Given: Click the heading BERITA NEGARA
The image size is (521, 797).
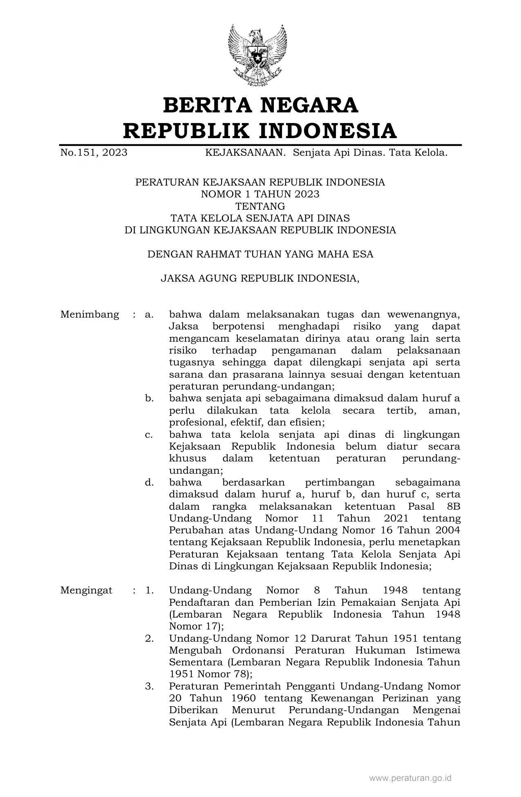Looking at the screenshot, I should [x=260, y=105].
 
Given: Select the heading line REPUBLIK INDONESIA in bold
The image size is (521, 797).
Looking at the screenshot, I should [x=260, y=131].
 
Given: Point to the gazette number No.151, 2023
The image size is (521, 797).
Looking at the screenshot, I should [x=94, y=153].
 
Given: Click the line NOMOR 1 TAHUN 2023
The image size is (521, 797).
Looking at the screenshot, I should [x=260, y=194].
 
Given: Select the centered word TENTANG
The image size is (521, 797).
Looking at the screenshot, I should [x=260, y=206].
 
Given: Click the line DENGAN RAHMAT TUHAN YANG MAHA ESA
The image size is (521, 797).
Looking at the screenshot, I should [x=260, y=254].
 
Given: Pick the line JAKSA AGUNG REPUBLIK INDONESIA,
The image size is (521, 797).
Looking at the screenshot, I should [x=260, y=278].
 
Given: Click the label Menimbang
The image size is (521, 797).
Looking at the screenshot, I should [x=89, y=315].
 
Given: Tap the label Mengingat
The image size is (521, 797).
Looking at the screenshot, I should [x=86, y=591].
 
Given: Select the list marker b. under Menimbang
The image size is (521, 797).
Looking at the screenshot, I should [x=149, y=398].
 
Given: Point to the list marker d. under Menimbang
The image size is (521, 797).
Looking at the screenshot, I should [x=149, y=483].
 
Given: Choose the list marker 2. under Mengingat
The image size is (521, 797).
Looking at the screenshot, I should [x=149, y=638].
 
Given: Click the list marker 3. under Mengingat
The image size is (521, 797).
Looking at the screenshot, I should [x=149, y=686].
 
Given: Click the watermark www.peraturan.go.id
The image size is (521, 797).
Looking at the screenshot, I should [x=410, y=778].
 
